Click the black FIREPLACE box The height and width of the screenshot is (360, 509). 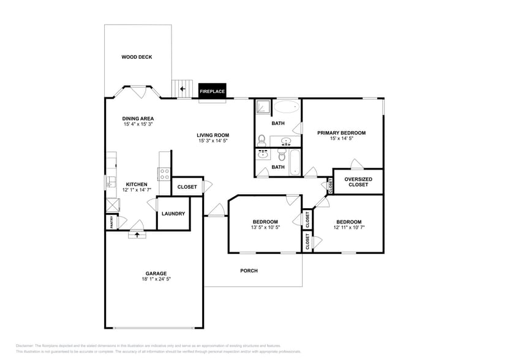pyautogui.click(x=213, y=91)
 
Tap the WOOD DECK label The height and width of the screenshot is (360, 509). pyautogui.click(x=136, y=57)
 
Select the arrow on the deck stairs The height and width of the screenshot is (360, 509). pyautogui.click(x=182, y=89)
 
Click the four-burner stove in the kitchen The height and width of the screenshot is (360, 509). pyautogui.click(x=164, y=173)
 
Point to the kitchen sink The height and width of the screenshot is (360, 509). pyautogui.click(x=111, y=182)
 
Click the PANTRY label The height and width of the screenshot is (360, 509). pyautogui.click(x=111, y=223)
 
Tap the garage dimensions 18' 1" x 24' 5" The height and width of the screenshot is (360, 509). pyautogui.click(x=156, y=279)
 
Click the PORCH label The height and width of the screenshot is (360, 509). pyautogui.click(x=249, y=271)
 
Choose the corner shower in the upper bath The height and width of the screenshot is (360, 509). pyautogui.click(x=263, y=107)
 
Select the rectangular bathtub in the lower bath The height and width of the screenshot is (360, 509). pyautogui.click(x=295, y=162)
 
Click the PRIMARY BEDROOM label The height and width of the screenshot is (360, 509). pyautogui.click(x=341, y=133)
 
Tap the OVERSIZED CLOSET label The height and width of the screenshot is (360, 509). pyautogui.click(x=358, y=182)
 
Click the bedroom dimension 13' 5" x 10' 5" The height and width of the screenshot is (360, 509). pyautogui.click(x=266, y=227)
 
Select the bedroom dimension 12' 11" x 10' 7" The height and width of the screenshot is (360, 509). pyautogui.click(x=348, y=228)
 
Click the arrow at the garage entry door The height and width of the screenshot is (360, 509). pyautogui.click(x=137, y=234)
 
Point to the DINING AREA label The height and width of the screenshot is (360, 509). pyautogui.click(x=138, y=119)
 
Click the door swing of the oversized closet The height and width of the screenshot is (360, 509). pyautogui.click(x=356, y=164)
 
